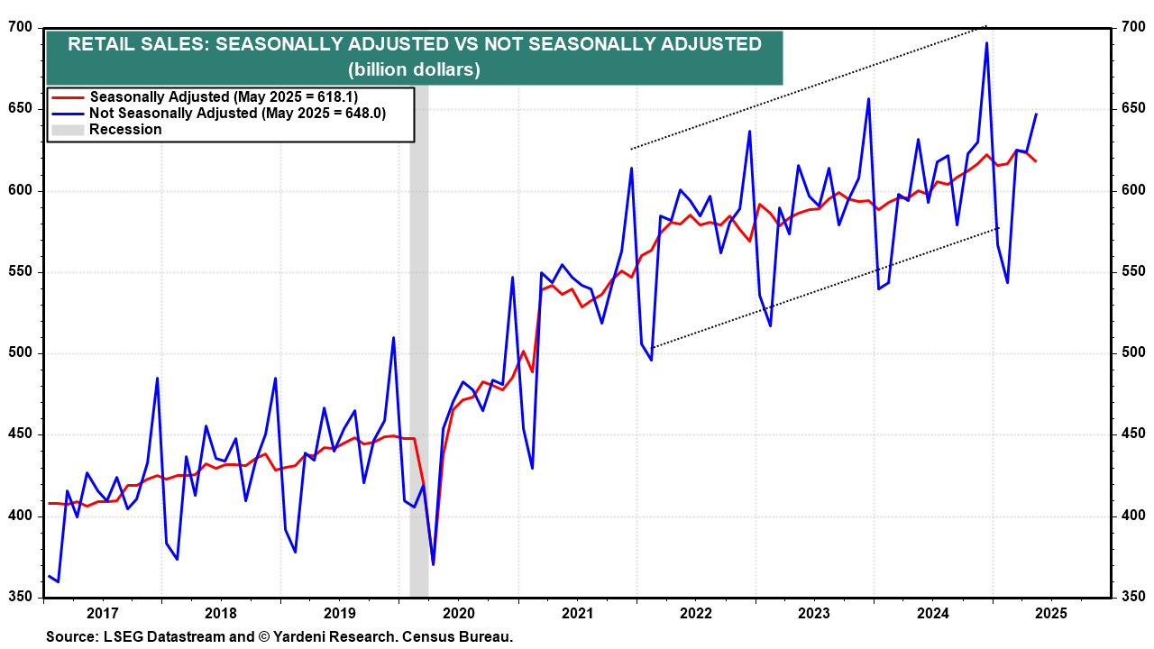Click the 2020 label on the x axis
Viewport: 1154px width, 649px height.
(x=458, y=614)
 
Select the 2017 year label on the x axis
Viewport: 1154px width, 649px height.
(x=103, y=614)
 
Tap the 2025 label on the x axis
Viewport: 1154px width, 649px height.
(x=1050, y=614)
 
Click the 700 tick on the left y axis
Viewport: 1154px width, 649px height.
(x=21, y=28)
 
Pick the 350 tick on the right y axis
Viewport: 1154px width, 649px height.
(x=1132, y=597)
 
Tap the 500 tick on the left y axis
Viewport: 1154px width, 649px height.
(x=21, y=353)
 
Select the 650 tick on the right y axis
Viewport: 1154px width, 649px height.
(x=1132, y=109)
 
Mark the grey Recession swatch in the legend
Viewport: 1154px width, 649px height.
(x=68, y=130)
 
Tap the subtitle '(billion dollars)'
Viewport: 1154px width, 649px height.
(x=415, y=69)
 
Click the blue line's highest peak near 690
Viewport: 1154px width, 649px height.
(x=987, y=43)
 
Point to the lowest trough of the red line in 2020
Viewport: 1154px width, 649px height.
(x=433, y=564)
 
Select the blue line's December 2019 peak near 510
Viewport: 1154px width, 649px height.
(x=394, y=338)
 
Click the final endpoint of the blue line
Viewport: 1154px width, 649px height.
(x=1036, y=114)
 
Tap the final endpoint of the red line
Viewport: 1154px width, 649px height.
(x=1036, y=161)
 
